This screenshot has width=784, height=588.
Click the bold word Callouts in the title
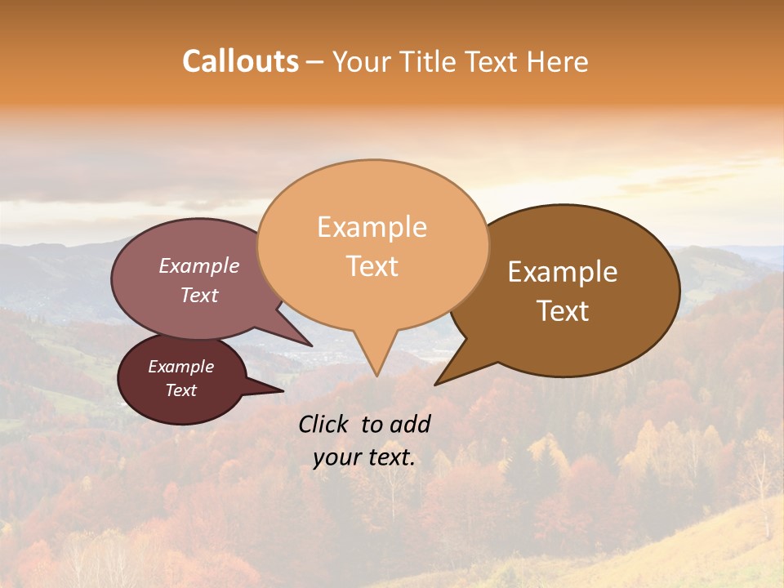240,61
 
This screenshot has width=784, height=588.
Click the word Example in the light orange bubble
372,227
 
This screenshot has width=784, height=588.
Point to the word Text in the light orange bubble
372,266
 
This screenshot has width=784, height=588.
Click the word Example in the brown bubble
563,272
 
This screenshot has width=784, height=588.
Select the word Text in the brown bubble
563,311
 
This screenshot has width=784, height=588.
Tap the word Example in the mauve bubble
199,266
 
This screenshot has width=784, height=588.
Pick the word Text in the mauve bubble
199,296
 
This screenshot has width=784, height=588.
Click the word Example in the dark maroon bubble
180,367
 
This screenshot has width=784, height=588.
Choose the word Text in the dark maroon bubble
180,390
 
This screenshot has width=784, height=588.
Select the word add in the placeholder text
410,424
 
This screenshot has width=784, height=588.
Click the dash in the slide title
316,62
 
